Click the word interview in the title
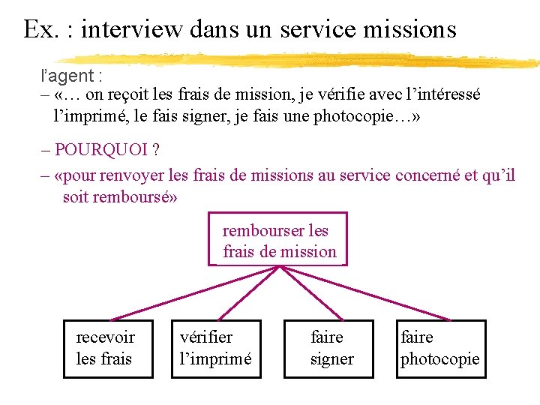point(131,28)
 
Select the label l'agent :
point(72,76)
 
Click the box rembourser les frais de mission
point(278,240)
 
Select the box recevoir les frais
point(108,349)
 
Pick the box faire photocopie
point(440,349)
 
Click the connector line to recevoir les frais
point(195,293)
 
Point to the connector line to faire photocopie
point(360,293)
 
